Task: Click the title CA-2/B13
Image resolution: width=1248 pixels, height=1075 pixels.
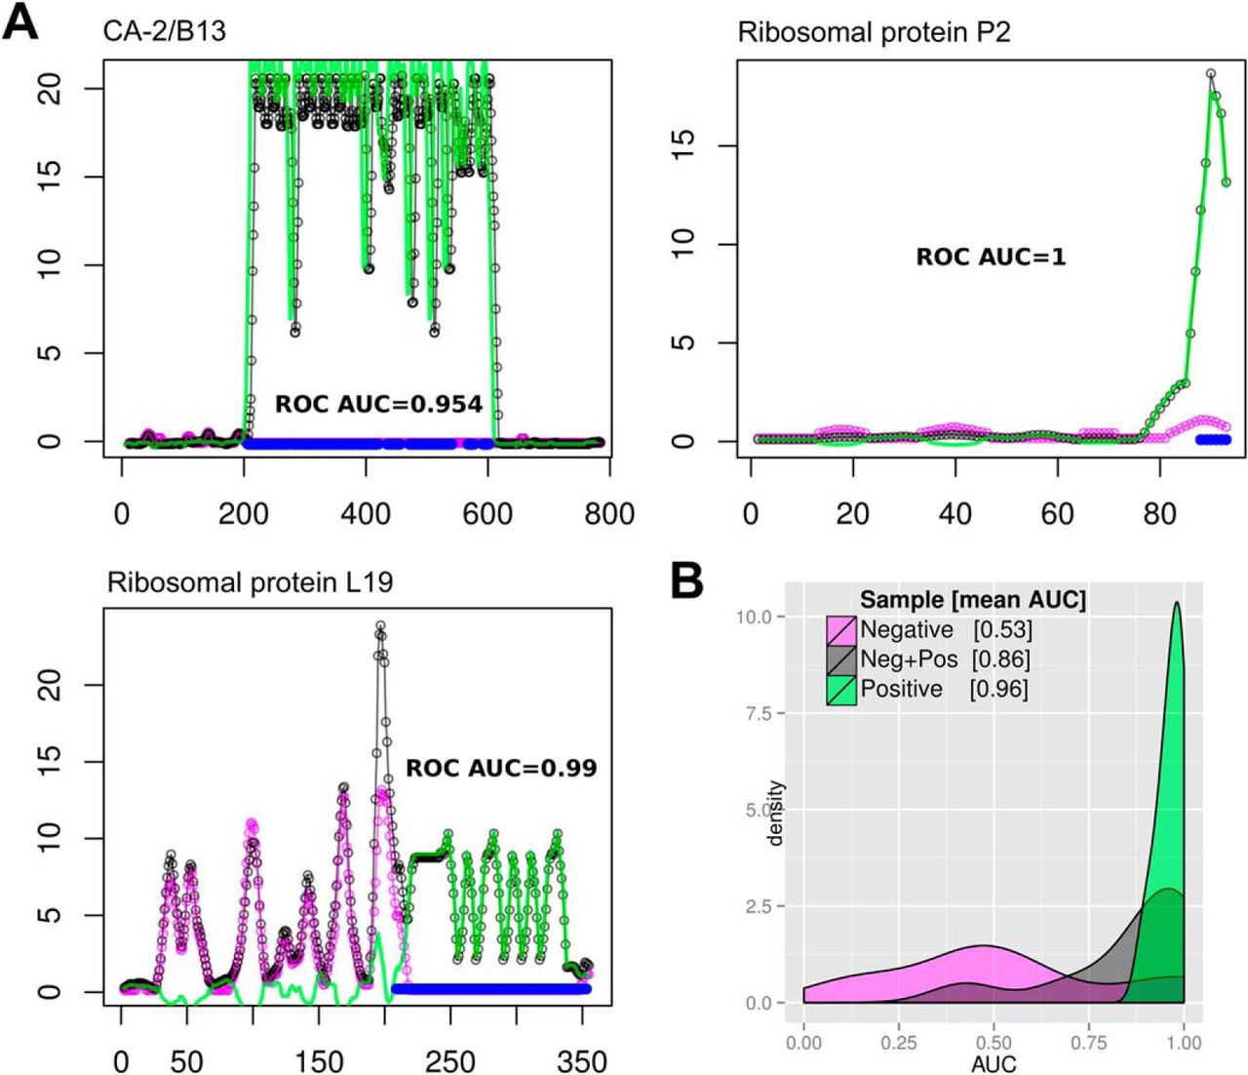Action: point(165,31)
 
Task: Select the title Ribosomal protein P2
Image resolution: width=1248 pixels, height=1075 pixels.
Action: point(874,32)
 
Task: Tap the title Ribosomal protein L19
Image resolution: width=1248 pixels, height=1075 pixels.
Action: point(250,582)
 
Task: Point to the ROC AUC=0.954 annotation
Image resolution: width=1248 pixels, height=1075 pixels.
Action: point(378,404)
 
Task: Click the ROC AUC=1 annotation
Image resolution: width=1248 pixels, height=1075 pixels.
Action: point(991,258)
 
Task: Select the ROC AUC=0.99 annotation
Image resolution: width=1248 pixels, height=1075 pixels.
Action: point(501,768)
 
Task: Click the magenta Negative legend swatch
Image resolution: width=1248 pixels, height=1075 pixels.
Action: point(841,630)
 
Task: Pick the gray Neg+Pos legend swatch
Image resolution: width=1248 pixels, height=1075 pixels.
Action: point(841,659)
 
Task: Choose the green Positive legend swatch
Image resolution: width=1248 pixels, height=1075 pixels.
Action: point(841,690)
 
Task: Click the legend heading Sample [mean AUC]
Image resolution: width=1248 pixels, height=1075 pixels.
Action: point(972,600)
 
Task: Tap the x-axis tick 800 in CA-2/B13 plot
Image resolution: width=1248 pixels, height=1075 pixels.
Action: point(609,513)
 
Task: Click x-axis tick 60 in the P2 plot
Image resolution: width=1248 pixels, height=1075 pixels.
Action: point(1058,513)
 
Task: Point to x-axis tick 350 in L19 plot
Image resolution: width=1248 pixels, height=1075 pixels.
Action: point(582,1060)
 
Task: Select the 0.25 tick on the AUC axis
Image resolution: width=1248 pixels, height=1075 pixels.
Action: point(898,1043)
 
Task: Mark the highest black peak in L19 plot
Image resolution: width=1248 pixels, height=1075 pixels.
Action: point(380,624)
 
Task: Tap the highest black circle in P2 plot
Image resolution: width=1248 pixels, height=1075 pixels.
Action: point(1211,73)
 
